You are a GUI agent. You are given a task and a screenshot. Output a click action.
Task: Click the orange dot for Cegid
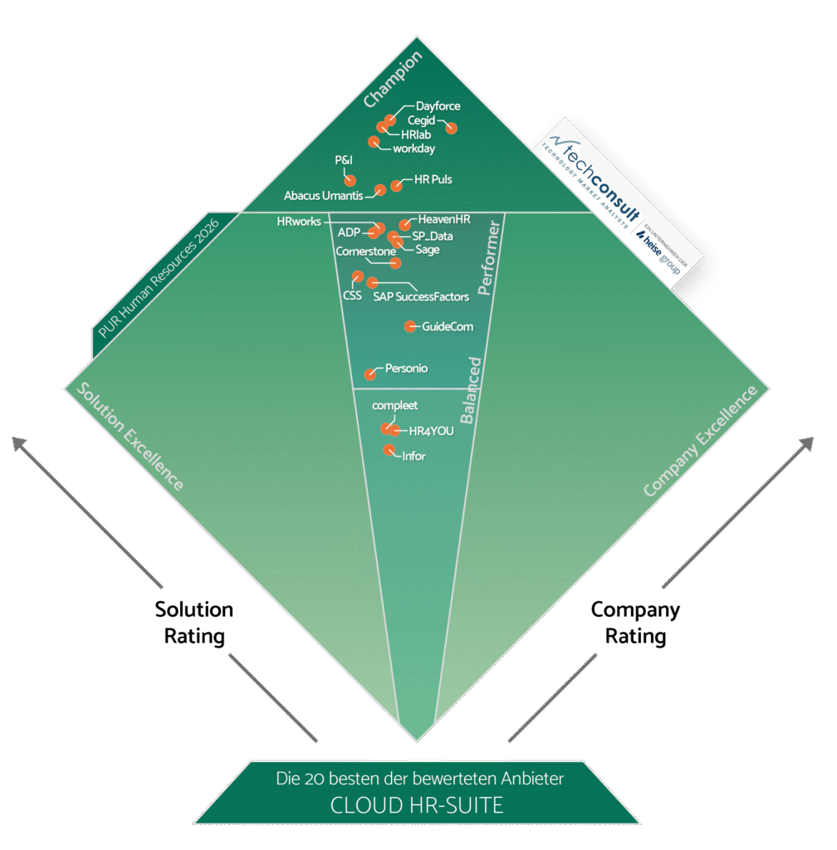pyautogui.click(x=452, y=128)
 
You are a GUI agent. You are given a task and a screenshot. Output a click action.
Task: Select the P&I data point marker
pyautogui.click(x=350, y=179)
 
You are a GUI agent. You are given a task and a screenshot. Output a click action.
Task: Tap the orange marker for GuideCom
pyautogui.click(x=409, y=326)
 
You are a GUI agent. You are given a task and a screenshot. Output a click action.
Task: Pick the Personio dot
pyautogui.click(x=370, y=374)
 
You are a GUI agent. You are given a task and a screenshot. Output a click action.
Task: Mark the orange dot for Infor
pyautogui.click(x=388, y=450)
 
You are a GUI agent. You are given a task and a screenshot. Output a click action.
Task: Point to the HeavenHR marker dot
pyautogui.click(x=404, y=225)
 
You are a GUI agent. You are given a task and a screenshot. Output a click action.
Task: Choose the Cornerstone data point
pyautogui.click(x=395, y=263)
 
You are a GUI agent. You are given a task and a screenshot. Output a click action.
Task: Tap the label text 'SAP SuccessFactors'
pyautogui.click(x=421, y=296)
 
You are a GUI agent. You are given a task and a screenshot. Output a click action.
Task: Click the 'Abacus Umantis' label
pyautogui.click(x=323, y=196)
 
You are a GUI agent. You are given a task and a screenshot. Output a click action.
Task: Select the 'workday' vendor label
pyautogui.click(x=414, y=149)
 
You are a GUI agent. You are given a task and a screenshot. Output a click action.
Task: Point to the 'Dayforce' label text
pyautogui.click(x=438, y=105)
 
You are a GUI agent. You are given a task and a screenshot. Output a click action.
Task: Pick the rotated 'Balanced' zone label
pyautogui.click(x=471, y=390)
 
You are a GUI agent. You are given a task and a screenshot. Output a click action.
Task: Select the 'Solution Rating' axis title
pyautogui.click(x=194, y=623)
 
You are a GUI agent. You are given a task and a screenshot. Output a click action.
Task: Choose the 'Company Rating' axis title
pyautogui.click(x=635, y=623)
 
